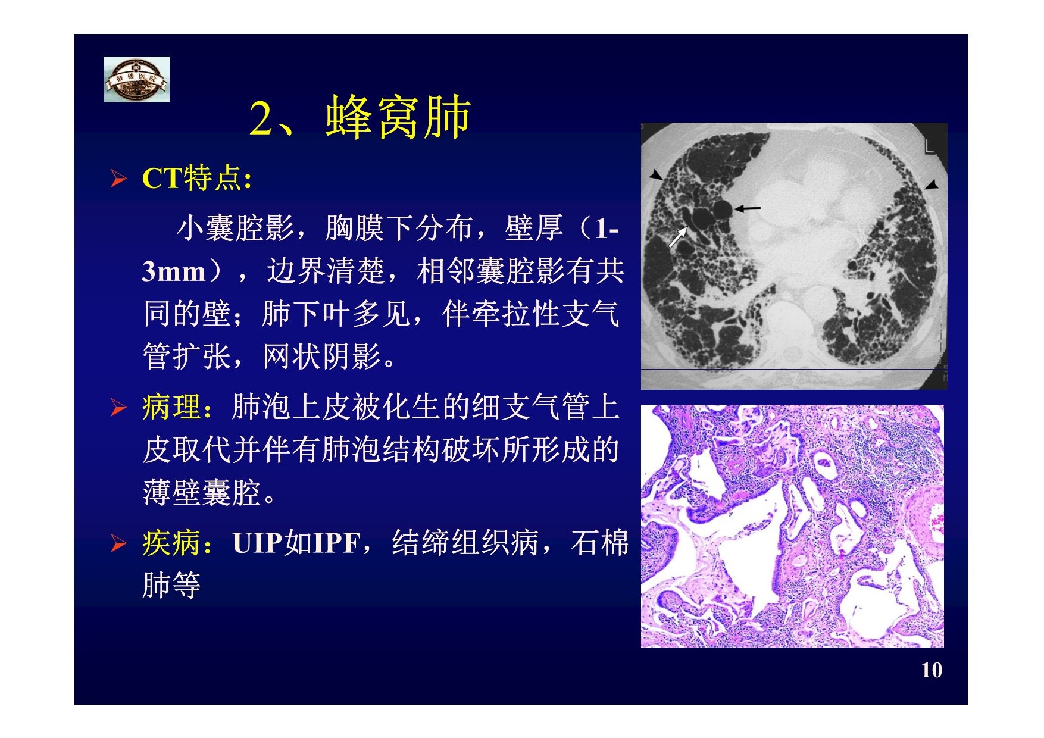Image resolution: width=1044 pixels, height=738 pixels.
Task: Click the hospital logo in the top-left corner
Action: tap(137, 79)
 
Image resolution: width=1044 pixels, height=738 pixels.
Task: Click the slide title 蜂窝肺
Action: tap(399, 117)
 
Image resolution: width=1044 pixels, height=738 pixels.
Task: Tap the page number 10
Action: tap(932, 670)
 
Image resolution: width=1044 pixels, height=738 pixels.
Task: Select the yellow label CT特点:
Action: tap(197, 178)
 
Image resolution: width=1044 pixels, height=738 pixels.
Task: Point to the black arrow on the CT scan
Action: tap(747, 208)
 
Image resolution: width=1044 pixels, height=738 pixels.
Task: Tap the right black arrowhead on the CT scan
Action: tap(932, 185)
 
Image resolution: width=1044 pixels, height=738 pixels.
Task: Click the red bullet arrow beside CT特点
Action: tap(118, 179)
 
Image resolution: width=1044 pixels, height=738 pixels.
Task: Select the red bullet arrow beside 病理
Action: tap(118, 408)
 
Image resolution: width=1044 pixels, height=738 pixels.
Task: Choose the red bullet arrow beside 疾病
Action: tap(118, 543)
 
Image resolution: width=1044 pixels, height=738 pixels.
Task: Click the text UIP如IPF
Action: tap(296, 543)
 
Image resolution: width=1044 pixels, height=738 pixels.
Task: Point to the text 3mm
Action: tap(173, 272)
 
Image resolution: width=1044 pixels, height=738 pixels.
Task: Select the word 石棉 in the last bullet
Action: tap(599, 543)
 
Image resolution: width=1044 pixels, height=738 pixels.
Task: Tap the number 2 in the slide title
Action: tap(261, 118)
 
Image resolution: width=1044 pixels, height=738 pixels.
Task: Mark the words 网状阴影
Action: tap(321, 357)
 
